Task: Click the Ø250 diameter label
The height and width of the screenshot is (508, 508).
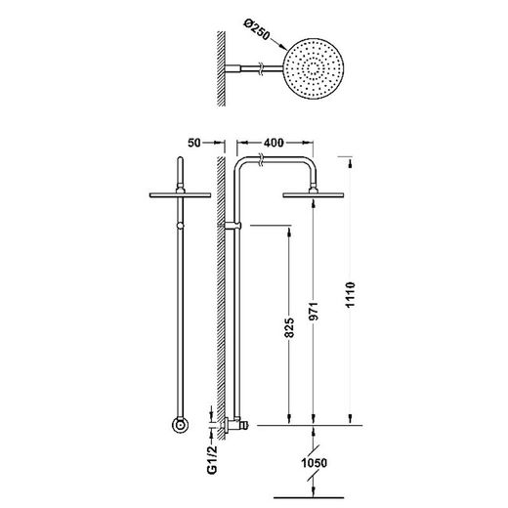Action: click(257, 30)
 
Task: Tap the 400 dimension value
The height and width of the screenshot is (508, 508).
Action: click(274, 143)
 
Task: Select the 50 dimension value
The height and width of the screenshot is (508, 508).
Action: click(194, 143)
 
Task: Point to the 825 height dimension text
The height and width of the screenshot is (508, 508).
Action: click(289, 327)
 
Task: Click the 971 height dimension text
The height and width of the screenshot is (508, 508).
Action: click(314, 312)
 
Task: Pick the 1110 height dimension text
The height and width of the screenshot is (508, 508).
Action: click(351, 295)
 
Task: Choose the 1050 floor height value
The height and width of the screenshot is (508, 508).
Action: click(314, 463)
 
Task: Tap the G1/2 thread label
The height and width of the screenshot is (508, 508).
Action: click(212, 459)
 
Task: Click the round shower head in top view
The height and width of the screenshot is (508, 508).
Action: click(314, 68)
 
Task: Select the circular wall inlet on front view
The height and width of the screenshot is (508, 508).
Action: click(180, 425)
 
